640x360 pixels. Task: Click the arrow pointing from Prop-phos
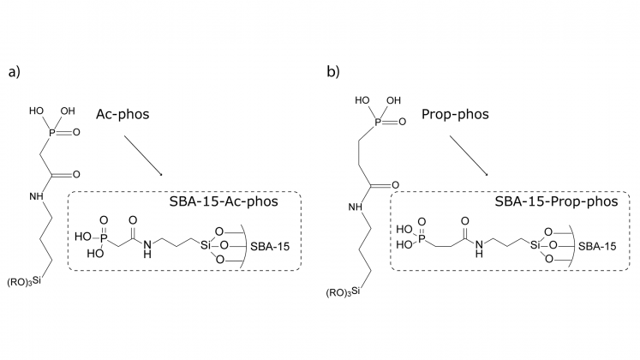[x=467, y=155]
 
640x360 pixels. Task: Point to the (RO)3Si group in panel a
[x=25, y=280]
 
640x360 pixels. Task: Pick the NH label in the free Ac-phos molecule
[x=36, y=196]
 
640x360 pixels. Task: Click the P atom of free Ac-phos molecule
[x=49, y=131]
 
